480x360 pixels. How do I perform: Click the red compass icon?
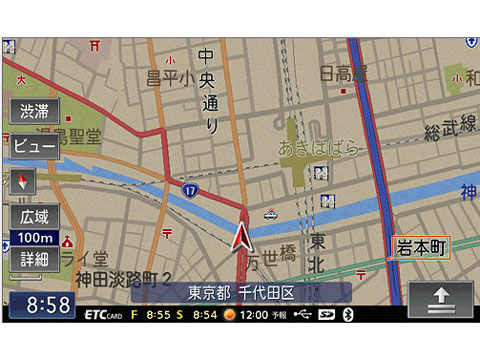point(24,181)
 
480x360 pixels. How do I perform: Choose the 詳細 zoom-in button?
point(34,259)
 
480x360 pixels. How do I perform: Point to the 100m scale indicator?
point(34,238)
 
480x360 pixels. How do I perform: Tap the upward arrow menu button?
point(439,297)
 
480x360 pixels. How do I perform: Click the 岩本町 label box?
point(420,246)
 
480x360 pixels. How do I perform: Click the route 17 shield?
point(189,188)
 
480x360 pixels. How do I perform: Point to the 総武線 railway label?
point(450,128)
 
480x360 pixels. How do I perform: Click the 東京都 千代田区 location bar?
point(240,293)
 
